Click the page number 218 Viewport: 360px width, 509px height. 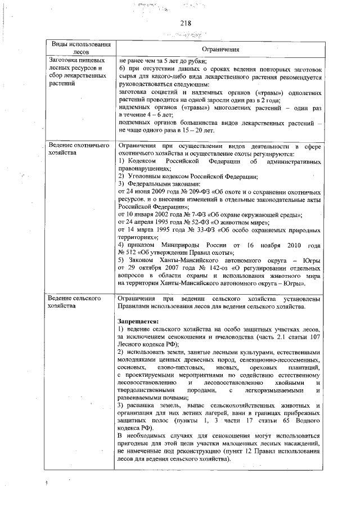(186, 23)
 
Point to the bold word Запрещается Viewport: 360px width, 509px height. (138, 321)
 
